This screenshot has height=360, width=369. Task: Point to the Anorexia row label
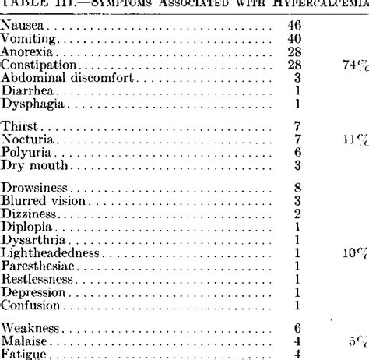click(27, 51)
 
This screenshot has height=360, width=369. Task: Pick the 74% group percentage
click(354, 65)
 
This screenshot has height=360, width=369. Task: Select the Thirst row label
click(20, 126)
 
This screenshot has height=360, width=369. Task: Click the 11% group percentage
click(354, 139)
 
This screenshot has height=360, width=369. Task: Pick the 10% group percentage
click(354, 252)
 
